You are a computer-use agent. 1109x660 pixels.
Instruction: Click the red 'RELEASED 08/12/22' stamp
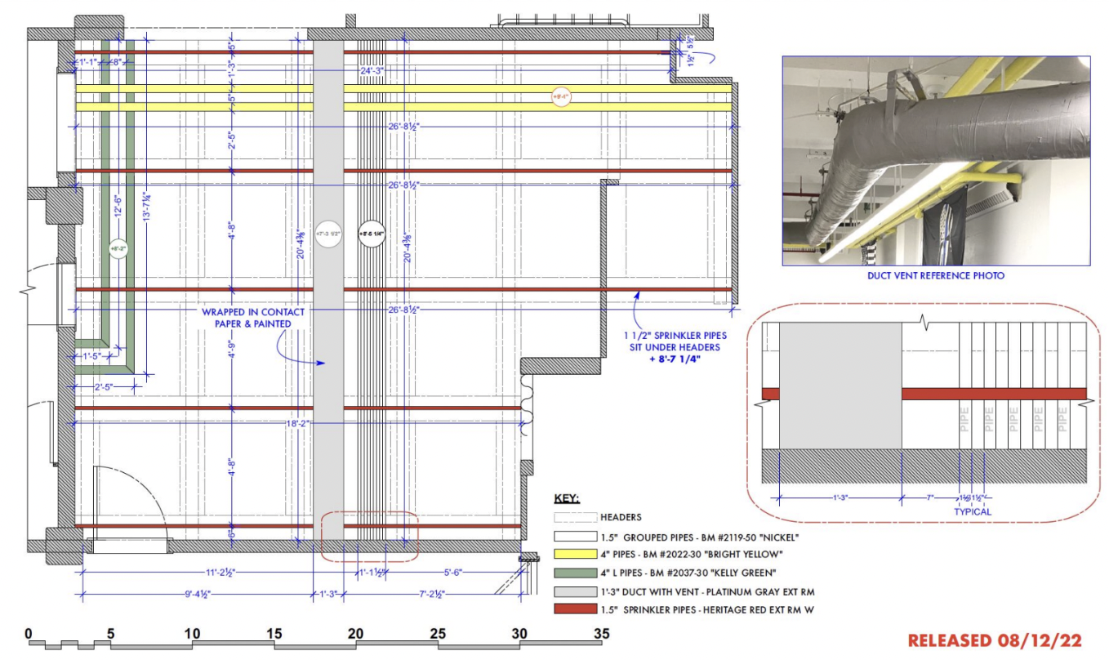[x=995, y=640]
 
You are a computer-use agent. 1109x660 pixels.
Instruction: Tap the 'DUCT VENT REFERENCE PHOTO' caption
[x=935, y=276]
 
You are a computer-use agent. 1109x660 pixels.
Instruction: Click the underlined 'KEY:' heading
[x=567, y=497]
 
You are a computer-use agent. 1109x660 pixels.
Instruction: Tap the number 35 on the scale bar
[x=601, y=633]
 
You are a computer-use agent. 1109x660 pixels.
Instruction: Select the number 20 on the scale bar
[x=355, y=633]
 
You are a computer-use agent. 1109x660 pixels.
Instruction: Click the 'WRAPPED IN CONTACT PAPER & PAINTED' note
[x=254, y=318]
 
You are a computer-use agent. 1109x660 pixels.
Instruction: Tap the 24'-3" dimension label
[x=372, y=71]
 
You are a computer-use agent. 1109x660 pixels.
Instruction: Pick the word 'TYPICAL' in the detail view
[x=972, y=512]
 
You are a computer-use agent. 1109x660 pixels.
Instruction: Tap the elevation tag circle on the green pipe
[x=118, y=247]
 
